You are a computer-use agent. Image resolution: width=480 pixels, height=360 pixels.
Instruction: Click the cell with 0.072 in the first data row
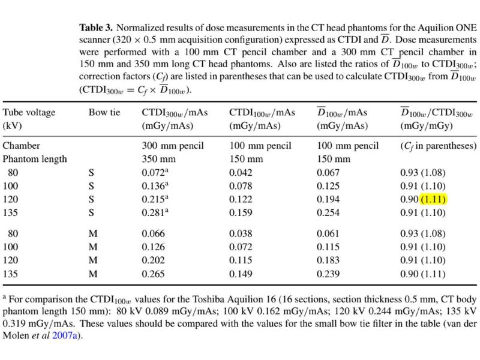click(x=153, y=173)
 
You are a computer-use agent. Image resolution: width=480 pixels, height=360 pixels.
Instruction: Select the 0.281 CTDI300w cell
click(x=153, y=214)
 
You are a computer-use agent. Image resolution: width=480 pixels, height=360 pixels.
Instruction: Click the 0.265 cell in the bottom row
click(x=153, y=274)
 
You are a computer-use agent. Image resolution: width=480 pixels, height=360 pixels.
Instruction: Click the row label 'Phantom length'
click(x=35, y=159)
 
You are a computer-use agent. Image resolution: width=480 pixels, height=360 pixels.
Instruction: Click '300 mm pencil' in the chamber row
click(x=173, y=146)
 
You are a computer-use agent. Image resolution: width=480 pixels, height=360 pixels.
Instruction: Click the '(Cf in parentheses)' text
click(x=438, y=146)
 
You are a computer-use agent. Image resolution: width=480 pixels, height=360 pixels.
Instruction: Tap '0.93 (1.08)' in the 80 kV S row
click(x=423, y=173)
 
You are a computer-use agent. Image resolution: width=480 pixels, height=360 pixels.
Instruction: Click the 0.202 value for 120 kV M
click(x=153, y=260)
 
